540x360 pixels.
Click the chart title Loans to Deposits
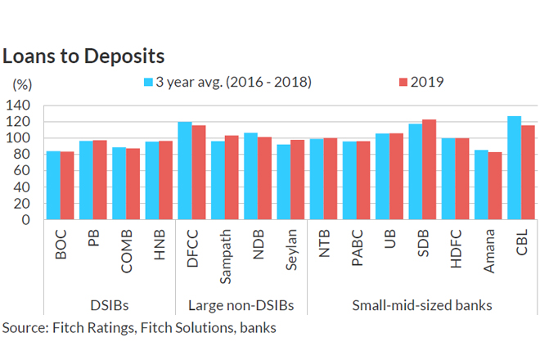(x=83, y=56)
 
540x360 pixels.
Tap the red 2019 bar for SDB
(x=429, y=170)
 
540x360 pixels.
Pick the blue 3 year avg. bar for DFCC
(x=185, y=171)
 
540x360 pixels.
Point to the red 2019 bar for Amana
(x=495, y=186)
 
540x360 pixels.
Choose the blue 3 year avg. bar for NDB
(x=250, y=176)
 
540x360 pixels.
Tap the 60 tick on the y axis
(x=24, y=170)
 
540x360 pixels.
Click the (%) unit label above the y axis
(x=22, y=84)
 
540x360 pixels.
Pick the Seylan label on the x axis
(x=291, y=254)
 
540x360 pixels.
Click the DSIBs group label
(x=111, y=306)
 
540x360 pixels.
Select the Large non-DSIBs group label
(x=241, y=306)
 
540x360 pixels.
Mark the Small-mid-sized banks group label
(x=421, y=306)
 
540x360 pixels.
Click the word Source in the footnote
(x=24, y=328)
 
